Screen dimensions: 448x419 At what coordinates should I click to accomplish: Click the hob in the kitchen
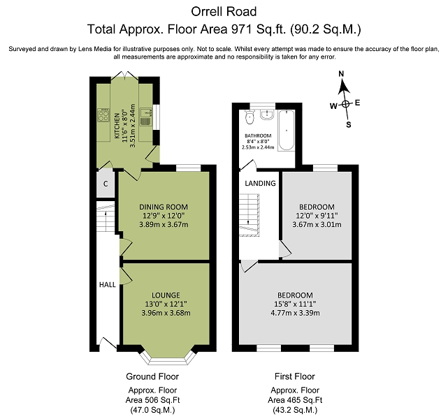click(103, 115)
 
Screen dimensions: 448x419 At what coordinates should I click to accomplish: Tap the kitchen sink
click(145, 117)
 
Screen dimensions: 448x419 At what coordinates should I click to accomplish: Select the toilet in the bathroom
click(250, 117)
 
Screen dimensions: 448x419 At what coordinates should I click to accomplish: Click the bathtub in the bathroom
click(287, 130)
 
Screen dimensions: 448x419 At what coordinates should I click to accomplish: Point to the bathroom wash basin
click(267, 115)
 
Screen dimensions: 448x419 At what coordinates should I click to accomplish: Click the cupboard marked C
click(106, 184)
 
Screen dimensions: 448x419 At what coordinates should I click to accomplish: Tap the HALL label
click(108, 284)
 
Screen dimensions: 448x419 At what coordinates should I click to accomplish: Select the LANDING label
click(260, 183)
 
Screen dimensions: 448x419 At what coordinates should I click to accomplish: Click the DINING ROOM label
click(164, 207)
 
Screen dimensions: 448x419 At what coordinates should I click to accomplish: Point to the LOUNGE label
click(166, 295)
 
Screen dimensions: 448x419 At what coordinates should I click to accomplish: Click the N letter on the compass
click(341, 74)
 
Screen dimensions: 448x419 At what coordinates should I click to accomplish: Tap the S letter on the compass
click(349, 125)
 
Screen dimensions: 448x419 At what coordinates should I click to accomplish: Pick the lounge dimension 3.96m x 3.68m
click(166, 313)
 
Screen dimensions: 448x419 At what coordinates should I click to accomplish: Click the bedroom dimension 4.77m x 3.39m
click(295, 313)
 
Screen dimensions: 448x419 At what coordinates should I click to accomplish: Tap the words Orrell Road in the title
click(224, 12)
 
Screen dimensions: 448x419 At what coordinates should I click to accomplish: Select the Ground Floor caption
click(152, 376)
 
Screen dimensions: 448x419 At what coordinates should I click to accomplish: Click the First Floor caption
click(295, 376)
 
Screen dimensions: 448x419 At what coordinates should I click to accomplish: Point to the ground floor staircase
click(106, 217)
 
